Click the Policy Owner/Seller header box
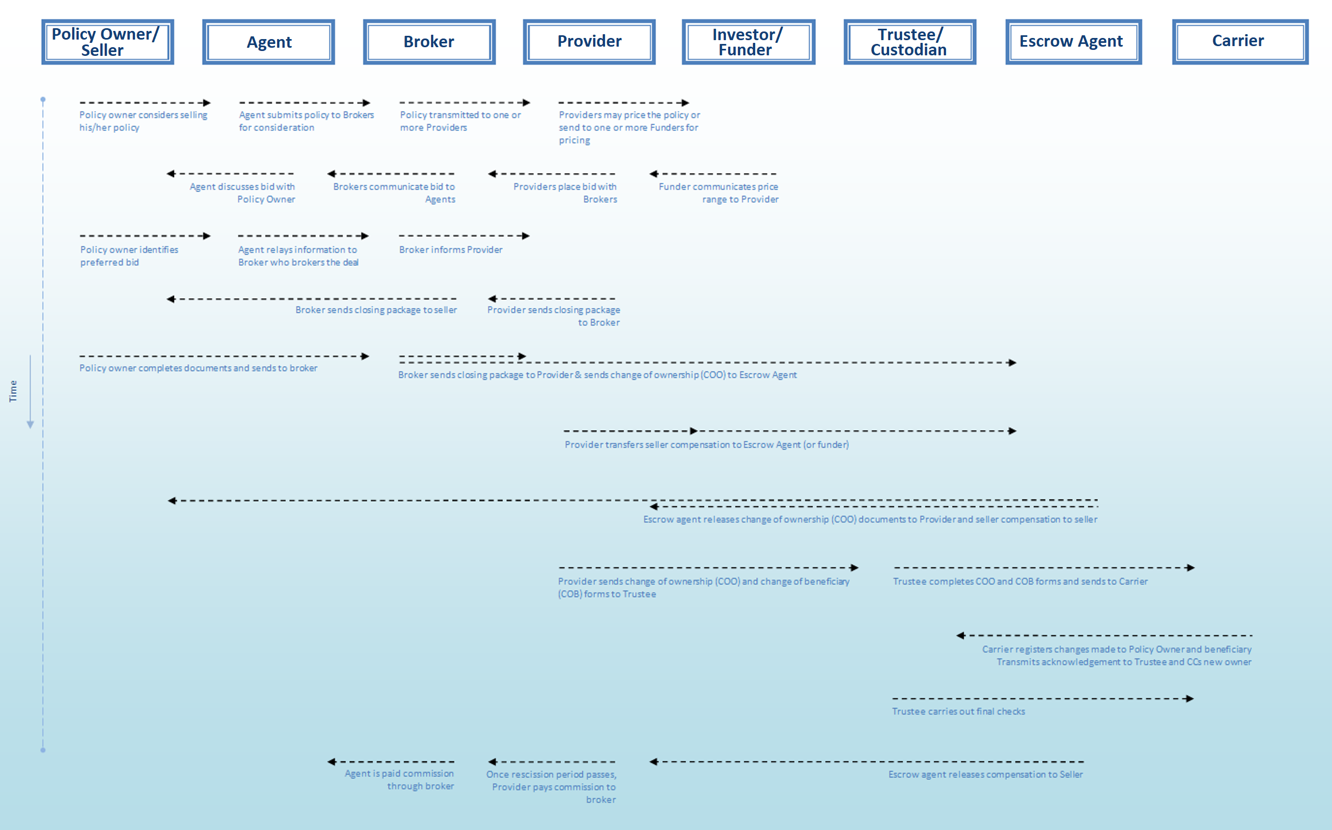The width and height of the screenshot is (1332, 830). coord(107,42)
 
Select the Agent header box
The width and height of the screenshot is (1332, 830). coord(268,42)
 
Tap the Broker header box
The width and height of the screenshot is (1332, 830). coord(429,42)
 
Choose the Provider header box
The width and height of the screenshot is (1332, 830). coord(589,42)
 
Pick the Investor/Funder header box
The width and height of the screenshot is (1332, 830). coord(748,42)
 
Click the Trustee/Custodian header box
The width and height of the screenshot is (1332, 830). coord(910,42)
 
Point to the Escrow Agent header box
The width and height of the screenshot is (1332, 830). coord(1073,42)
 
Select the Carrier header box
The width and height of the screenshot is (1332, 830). coord(1240,42)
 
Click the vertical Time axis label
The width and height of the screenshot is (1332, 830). coord(13,391)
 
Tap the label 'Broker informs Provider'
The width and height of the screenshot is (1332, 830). coord(451,250)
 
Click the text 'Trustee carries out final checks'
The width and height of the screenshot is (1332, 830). coord(958,711)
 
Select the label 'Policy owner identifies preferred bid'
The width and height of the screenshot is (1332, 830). coord(129,256)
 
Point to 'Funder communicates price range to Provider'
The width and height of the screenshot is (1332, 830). coord(719,193)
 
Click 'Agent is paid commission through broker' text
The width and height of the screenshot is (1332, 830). coord(400,780)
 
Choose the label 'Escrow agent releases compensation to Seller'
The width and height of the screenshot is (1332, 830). coord(985,775)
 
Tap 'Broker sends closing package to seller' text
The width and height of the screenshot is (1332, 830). coord(376,310)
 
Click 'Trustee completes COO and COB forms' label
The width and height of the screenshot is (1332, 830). coord(1020,582)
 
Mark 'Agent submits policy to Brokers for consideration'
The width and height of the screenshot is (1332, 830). coord(306,121)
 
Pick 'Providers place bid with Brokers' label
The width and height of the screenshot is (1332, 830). coord(565,193)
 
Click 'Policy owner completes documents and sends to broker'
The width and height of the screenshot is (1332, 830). coord(198,368)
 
